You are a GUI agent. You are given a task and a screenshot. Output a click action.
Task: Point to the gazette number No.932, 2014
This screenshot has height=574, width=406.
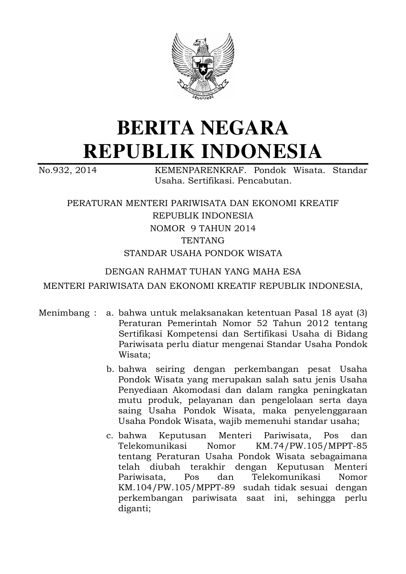click(x=68, y=170)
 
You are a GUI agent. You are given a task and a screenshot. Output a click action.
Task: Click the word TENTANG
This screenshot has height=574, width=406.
click(x=203, y=241)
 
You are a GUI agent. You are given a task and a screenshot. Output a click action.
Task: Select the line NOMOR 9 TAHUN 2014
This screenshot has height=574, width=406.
click(x=203, y=228)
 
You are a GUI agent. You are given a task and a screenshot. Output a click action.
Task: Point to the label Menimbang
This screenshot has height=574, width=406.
click(x=64, y=313)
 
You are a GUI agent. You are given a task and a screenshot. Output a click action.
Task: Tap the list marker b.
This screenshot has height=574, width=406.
click(x=110, y=369)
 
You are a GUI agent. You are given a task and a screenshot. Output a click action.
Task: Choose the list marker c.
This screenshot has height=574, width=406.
click(x=110, y=436)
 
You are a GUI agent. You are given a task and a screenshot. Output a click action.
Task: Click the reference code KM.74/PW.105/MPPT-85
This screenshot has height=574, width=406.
click(x=310, y=446)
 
